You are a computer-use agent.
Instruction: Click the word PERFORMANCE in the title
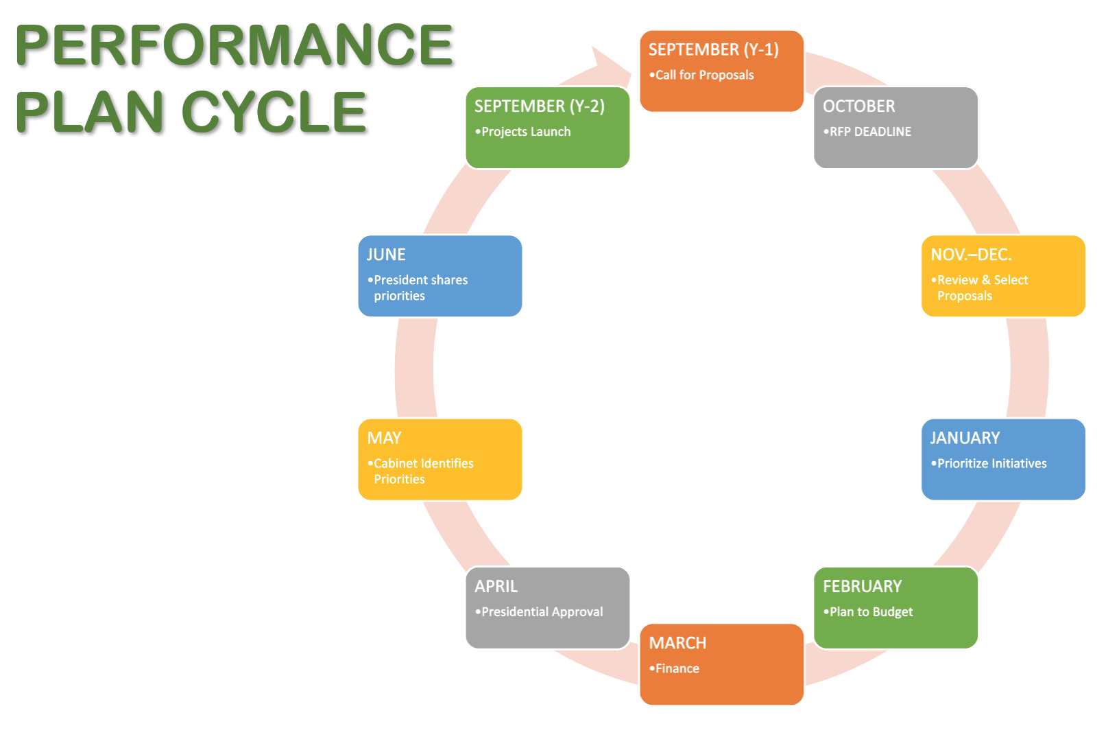[233, 45]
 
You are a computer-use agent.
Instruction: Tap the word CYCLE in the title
[274, 113]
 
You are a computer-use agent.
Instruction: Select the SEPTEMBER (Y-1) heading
[713, 50]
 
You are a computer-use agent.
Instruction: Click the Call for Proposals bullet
[704, 75]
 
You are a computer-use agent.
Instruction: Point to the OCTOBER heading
[858, 106]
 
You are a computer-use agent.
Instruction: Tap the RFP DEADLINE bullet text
[870, 132]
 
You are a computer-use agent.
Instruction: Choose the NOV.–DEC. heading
[970, 255]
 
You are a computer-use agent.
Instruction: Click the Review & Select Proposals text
[982, 288]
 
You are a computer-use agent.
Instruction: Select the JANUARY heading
[965, 438]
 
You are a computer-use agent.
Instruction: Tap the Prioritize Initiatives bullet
[991, 464]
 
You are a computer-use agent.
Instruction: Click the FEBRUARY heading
[862, 587]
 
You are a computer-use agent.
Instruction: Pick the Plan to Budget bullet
[871, 612]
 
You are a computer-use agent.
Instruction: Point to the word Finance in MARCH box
[677, 668]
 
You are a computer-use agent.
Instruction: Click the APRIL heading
[496, 587]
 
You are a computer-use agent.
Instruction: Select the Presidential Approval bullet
[542, 612]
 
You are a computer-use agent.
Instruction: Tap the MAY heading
[384, 438]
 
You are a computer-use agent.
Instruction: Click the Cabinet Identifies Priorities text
[422, 471]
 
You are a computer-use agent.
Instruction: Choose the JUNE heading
[386, 255]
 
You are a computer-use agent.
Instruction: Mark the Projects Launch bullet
[525, 132]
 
